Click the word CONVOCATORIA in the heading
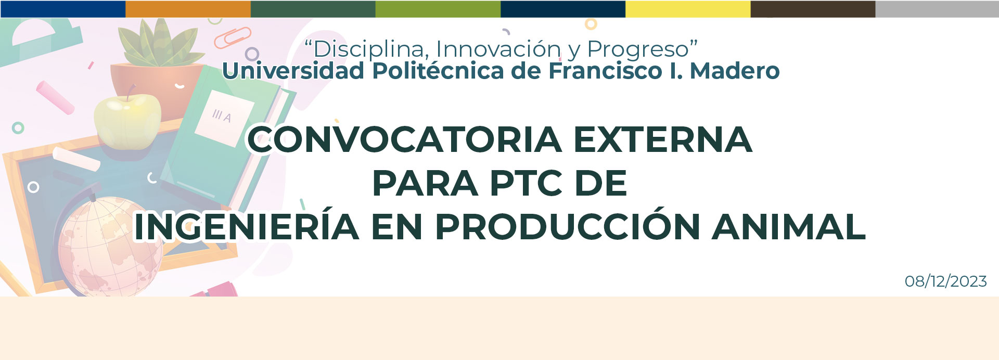tap(404, 139)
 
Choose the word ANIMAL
tap(788, 227)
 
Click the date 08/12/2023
tap(945, 281)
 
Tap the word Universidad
tap(293, 71)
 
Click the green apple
tap(127, 122)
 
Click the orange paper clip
tap(233, 38)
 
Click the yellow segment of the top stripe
tap(687, 9)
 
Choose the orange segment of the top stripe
tap(188, 9)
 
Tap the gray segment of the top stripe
tap(937, 9)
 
